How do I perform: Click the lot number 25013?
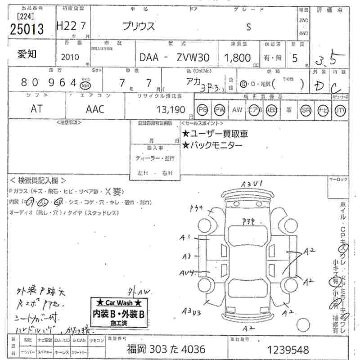(27, 29)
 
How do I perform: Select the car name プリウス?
(139, 26)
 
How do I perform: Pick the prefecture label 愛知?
(27, 54)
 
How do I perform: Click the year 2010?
(69, 57)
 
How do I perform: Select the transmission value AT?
(37, 109)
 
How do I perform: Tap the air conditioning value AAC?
(95, 109)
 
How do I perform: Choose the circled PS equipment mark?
(203, 109)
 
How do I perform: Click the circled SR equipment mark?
(306, 109)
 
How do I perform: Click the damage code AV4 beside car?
(186, 273)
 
